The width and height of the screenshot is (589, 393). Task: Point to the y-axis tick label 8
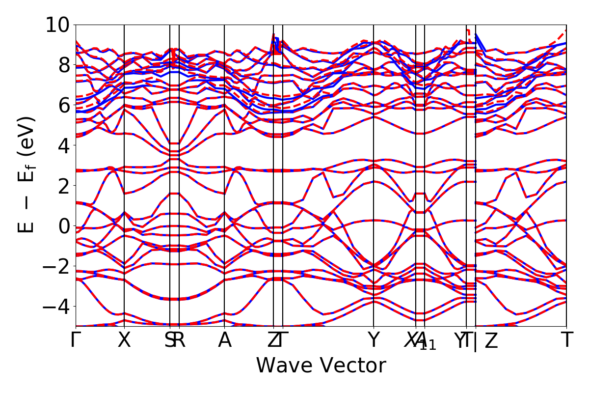(61, 65)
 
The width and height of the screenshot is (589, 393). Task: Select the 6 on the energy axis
(61, 105)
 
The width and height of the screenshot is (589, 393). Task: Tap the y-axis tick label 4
(61, 145)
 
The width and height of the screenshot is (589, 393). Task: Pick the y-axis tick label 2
(61, 186)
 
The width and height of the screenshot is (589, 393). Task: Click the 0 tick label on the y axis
(61, 226)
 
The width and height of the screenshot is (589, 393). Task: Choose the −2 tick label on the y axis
(55, 266)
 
